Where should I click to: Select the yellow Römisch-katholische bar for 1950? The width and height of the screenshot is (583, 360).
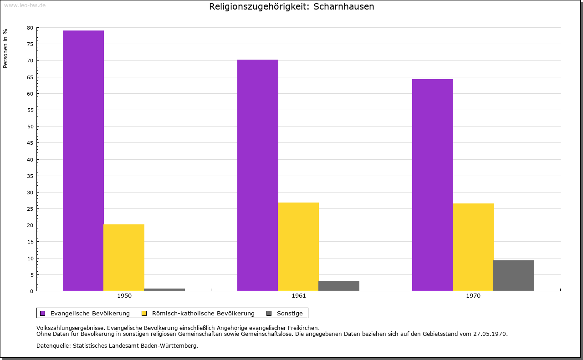(124, 258)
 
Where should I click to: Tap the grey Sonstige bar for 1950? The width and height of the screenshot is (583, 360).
(164, 289)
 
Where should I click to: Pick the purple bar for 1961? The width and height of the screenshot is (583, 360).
(258, 175)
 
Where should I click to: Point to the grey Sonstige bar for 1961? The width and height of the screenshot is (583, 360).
(339, 286)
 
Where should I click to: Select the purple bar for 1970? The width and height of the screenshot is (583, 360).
(432, 185)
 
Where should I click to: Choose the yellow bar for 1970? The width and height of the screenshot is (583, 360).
(473, 247)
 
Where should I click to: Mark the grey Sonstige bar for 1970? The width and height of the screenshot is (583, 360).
(514, 275)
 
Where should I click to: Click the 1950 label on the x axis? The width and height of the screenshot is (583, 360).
(124, 296)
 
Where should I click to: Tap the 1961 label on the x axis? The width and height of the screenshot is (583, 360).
(299, 296)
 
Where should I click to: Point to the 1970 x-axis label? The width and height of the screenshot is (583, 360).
(473, 296)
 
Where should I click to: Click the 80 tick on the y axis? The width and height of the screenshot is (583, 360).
(30, 28)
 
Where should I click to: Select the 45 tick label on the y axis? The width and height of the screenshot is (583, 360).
(30, 143)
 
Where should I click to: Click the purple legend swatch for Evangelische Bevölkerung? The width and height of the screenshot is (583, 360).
(43, 313)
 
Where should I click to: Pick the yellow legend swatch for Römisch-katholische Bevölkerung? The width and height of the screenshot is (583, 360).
(144, 313)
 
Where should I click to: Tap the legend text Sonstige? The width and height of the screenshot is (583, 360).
(290, 313)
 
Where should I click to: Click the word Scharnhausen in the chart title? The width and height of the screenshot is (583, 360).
(344, 7)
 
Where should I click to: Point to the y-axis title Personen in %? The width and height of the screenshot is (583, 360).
(5, 48)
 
